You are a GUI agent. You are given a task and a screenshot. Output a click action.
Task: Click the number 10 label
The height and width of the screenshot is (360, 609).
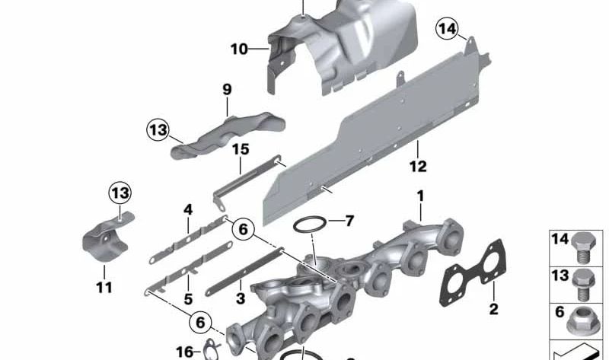[x=239, y=49]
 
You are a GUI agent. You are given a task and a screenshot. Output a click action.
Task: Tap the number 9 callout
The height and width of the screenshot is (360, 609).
[x=227, y=90]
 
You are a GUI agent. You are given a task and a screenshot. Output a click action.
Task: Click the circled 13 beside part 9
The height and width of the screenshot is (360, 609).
[x=158, y=131]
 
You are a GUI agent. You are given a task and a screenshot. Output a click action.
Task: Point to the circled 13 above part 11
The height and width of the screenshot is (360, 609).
[x=120, y=193]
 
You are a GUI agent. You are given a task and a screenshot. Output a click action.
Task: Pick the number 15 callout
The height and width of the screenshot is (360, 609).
[x=241, y=150]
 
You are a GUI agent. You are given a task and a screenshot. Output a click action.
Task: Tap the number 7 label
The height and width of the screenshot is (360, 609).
[x=349, y=221]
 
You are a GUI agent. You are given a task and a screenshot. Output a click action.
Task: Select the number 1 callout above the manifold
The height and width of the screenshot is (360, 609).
[x=419, y=196]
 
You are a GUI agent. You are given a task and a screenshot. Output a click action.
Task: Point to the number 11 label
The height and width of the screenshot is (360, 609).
[x=104, y=287]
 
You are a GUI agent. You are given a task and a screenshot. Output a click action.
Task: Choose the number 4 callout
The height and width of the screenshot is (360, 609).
[x=187, y=209]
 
